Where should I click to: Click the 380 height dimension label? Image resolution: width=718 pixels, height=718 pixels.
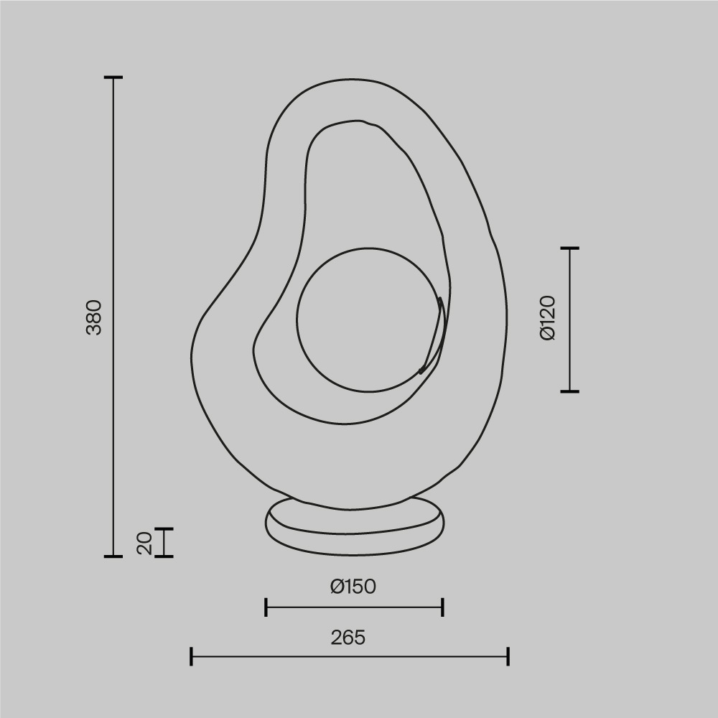95,317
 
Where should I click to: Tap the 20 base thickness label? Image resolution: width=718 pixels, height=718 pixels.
145,543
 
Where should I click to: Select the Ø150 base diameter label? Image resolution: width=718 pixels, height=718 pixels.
353,587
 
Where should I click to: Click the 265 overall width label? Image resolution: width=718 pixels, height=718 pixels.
348,637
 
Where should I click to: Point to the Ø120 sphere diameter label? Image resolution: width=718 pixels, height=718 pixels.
548,317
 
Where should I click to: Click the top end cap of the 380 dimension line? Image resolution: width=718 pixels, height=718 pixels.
113,77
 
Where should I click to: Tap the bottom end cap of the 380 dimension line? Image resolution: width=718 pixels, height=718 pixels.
113,556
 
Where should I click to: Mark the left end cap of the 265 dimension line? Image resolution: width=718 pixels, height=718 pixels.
191,656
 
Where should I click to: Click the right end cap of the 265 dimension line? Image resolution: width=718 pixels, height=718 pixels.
508,656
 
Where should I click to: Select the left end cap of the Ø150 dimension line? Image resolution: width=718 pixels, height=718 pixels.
266,607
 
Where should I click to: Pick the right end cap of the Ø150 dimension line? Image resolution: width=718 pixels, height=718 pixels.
442,607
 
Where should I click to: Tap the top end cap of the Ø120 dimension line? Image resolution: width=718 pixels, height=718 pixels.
569,248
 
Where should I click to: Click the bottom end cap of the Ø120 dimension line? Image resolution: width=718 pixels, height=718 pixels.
569,391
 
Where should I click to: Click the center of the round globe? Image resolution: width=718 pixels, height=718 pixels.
368,320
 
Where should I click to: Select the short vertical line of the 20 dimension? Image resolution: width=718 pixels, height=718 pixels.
164,542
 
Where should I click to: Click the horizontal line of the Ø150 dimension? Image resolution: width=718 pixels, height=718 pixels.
354,607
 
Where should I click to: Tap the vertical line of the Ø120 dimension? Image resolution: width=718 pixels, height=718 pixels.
569,320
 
